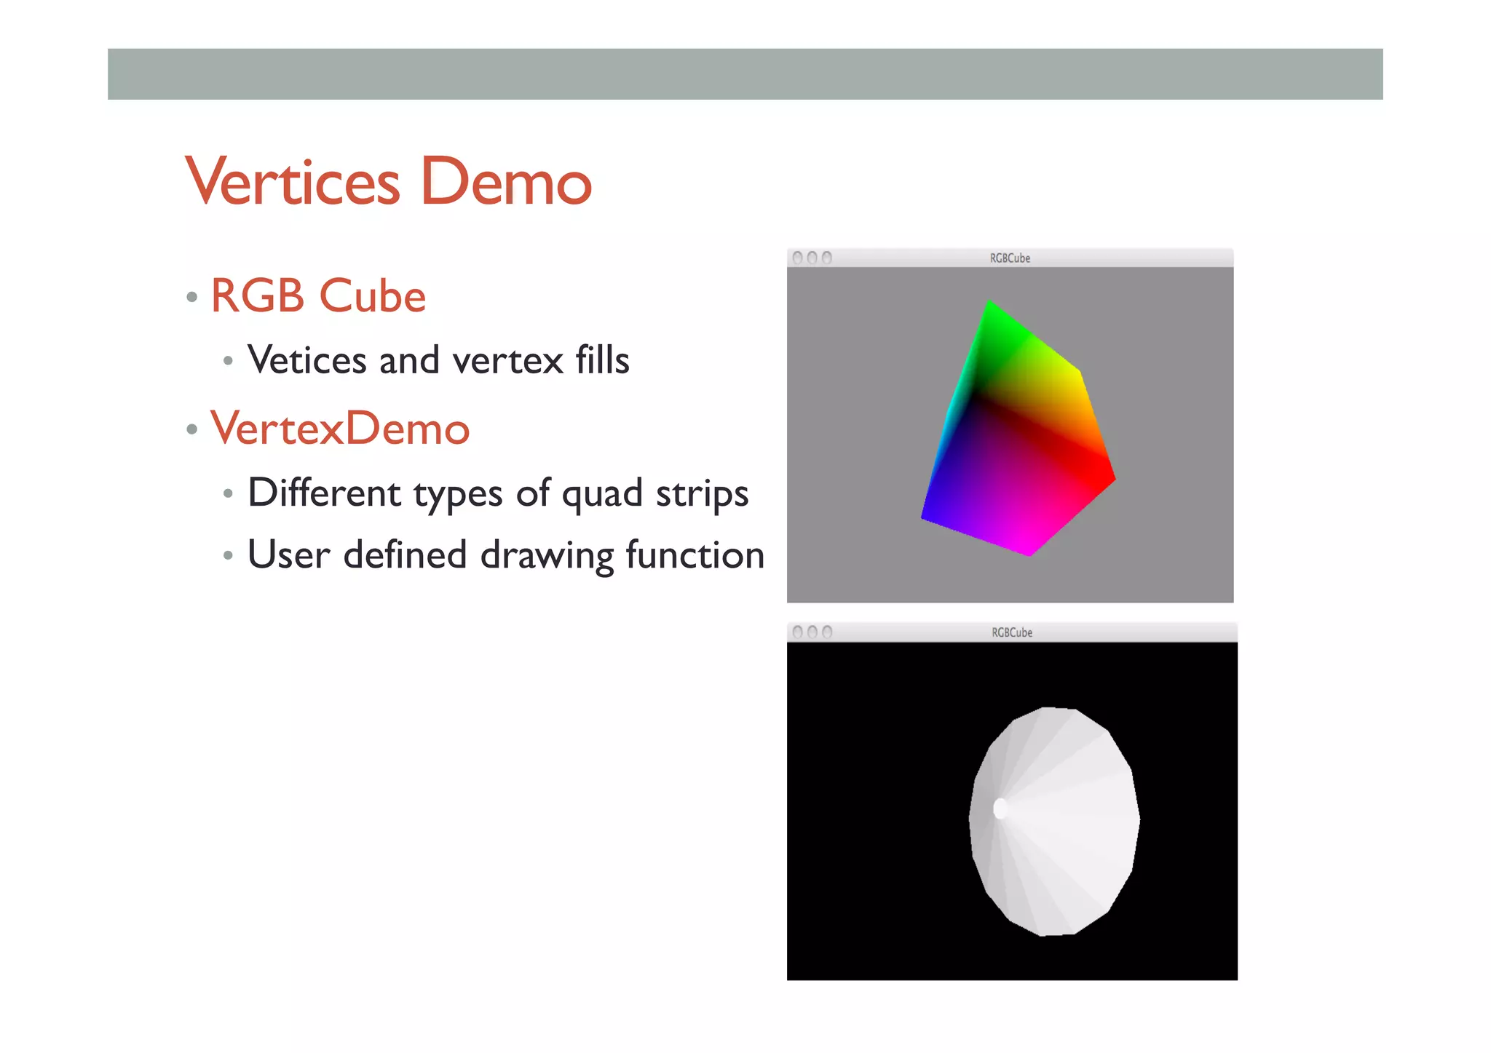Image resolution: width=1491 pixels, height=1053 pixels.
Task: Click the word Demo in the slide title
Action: click(x=506, y=181)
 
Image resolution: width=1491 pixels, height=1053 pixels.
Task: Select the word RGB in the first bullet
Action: click(x=257, y=296)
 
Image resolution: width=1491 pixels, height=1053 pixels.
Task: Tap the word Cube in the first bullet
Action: click(x=372, y=296)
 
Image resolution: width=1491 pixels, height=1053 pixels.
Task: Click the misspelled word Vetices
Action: click(x=306, y=360)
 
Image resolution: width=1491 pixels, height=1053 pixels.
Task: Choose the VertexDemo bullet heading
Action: click(x=340, y=429)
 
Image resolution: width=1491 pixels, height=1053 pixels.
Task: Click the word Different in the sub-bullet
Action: click(x=324, y=493)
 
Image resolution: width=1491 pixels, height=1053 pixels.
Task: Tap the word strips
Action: click(x=702, y=493)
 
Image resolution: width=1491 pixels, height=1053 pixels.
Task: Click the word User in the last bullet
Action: click(x=289, y=555)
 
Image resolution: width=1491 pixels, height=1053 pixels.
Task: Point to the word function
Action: click(x=695, y=555)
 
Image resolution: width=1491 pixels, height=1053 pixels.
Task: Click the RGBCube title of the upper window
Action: click(x=1010, y=258)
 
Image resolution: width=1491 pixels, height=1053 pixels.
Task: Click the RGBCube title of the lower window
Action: click(x=1012, y=632)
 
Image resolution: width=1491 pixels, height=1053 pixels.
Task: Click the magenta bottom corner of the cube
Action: click(x=1028, y=550)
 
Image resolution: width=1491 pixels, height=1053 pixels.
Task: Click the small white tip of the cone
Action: click(x=1000, y=808)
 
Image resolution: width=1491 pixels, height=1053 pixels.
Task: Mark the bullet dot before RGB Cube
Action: click(x=192, y=297)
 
